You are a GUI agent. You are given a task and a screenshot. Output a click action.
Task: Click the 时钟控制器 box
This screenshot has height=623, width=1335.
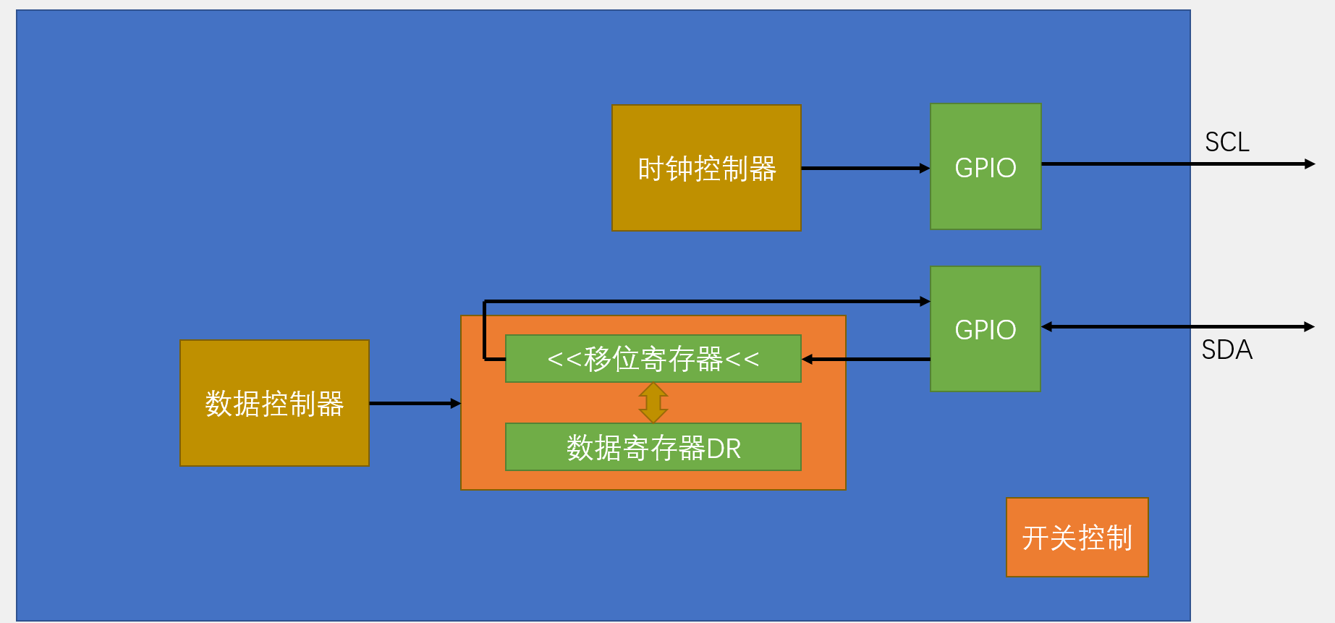[x=706, y=168]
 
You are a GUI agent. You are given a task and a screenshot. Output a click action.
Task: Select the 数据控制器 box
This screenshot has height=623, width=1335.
[x=274, y=403]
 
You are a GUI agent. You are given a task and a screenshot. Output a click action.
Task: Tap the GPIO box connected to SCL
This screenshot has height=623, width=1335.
[x=986, y=166]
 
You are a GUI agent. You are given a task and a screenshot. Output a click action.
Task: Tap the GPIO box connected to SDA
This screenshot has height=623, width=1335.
[x=986, y=329]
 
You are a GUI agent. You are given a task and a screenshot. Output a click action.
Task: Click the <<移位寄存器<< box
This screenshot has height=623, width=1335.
[x=653, y=358]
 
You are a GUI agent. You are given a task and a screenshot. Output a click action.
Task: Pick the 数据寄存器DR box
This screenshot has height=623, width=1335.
[x=653, y=447]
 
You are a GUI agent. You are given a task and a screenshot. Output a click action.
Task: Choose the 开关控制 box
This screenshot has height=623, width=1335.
[x=1077, y=538]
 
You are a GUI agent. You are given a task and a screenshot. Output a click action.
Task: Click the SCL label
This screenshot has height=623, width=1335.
[x=1226, y=142]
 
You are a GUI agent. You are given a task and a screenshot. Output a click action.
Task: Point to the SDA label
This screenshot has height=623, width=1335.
[x=1226, y=350]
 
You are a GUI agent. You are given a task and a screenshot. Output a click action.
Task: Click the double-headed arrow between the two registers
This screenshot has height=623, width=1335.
[x=653, y=402]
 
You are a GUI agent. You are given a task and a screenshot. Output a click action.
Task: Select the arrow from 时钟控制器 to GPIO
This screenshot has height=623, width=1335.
[x=865, y=168]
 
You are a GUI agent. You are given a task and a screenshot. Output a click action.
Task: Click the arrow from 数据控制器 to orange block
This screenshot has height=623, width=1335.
[x=415, y=403]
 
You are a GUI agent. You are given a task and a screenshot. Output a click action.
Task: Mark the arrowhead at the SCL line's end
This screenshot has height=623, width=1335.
[x=1310, y=164]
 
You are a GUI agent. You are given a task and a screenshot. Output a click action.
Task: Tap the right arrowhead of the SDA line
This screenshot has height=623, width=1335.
[x=1310, y=327]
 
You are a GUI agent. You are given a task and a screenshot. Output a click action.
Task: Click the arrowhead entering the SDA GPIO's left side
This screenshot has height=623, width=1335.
[x=925, y=301]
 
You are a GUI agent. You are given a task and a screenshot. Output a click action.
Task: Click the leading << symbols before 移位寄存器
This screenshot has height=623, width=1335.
[x=564, y=359]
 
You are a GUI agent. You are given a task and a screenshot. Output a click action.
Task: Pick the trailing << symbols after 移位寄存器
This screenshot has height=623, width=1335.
[x=742, y=359]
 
